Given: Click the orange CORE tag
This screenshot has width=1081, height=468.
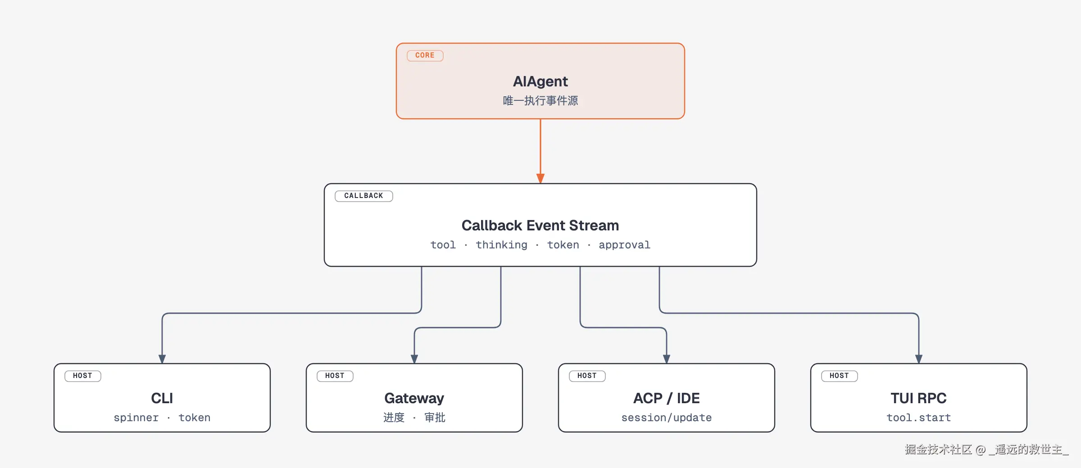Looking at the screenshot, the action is coord(425,55).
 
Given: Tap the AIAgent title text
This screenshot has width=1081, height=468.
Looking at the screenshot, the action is coord(540,81).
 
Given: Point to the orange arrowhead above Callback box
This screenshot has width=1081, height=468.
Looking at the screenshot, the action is coord(540,178).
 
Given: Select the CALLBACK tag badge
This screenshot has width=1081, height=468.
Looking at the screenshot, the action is coord(363,196).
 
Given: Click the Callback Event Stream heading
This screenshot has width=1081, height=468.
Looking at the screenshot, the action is coord(540,225).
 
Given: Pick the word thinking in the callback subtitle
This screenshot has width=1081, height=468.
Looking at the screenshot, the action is coord(501,245).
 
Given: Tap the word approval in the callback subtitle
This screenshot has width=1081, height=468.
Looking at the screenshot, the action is coord(624,245).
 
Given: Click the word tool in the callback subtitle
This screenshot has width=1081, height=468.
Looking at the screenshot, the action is coord(443,245).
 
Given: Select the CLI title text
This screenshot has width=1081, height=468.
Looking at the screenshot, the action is coord(162,398).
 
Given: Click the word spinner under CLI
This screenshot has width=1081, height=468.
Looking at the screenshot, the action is coord(136,418).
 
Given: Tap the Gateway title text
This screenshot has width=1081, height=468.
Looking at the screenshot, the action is coord(414,398).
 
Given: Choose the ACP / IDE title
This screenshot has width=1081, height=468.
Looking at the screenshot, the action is coord(667,398).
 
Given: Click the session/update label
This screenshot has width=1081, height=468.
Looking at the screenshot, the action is coord(667,418).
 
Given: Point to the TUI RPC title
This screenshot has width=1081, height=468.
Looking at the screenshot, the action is coord(919,398).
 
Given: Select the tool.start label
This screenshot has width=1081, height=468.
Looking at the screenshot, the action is coord(919,418).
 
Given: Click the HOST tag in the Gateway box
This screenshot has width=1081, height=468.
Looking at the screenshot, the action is coord(335,376).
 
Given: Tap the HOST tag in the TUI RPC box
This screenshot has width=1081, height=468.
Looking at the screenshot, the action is coord(839,376).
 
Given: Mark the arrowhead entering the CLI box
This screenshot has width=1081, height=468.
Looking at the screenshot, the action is coord(162,359).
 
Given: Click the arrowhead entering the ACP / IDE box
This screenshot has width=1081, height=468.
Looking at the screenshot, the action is coord(667,359).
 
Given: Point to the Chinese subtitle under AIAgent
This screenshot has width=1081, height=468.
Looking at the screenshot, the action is coord(540,100).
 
